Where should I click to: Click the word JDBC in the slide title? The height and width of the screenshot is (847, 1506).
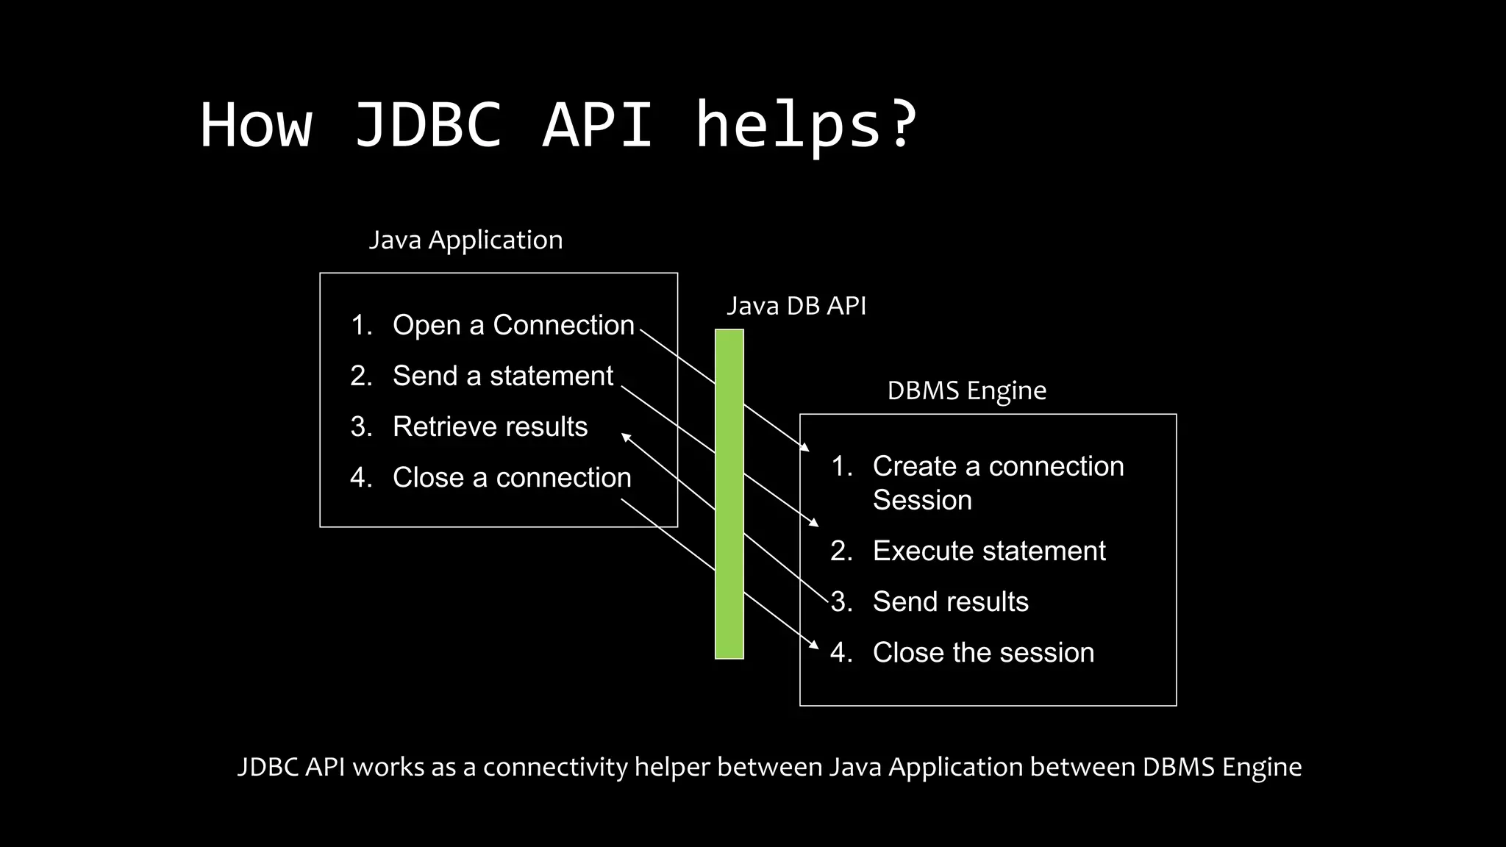point(428,125)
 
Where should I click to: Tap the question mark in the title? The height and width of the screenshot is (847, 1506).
point(902,125)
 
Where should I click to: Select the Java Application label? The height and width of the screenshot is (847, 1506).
point(465,240)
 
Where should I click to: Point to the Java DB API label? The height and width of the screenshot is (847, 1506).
point(796,306)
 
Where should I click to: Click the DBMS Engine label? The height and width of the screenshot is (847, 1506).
point(966,390)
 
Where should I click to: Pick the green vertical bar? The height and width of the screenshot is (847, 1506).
point(729,494)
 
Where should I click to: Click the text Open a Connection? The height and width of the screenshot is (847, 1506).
point(513,325)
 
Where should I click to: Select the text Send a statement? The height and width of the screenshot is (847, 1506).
point(503,376)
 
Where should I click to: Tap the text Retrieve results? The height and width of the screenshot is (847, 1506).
point(490,426)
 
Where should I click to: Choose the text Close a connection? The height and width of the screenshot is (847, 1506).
point(512,477)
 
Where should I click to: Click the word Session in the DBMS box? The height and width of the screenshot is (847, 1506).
point(922,500)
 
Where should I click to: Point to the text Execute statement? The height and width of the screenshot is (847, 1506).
point(989,551)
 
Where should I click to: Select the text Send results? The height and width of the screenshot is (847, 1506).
point(951,601)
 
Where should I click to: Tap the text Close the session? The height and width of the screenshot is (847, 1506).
point(983,652)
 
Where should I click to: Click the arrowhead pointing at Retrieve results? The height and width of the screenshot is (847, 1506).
point(626,437)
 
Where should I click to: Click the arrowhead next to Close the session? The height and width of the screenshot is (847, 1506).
point(815,646)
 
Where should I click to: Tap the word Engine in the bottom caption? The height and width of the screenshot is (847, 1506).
point(1262,767)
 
